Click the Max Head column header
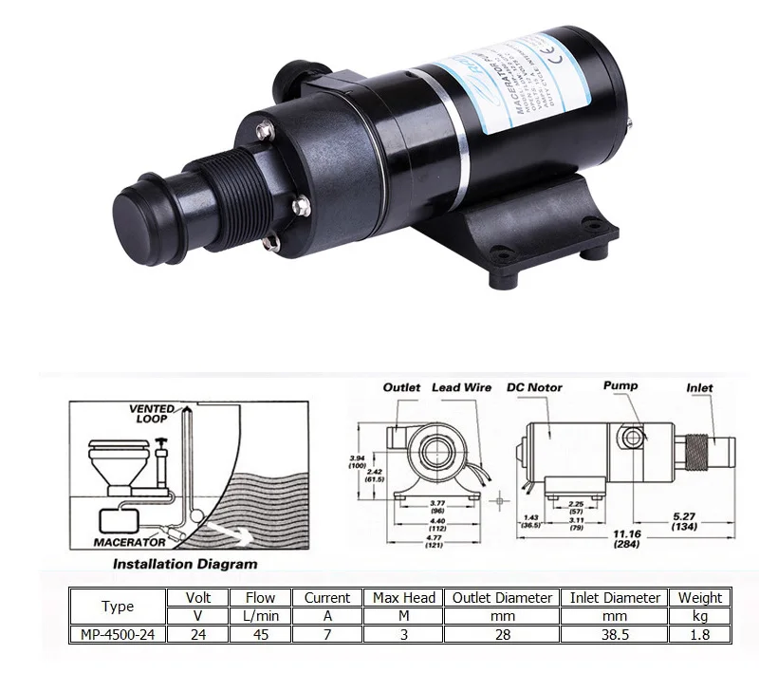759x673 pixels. coord(403,598)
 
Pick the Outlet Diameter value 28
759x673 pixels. coord(502,635)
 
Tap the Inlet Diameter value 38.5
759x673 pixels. coord(615,635)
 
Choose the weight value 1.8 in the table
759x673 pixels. coord(700,635)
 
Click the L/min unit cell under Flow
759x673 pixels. coord(260,616)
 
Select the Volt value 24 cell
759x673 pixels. coord(199,635)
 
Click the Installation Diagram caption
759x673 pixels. coord(185,564)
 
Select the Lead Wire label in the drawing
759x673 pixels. coord(461,387)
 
